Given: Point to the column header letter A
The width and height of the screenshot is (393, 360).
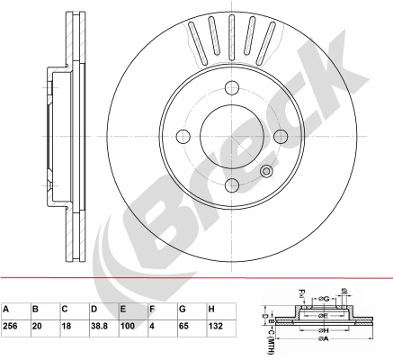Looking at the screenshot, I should [x=6, y=309].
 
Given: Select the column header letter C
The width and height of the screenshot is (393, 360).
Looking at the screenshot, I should [x=64, y=309].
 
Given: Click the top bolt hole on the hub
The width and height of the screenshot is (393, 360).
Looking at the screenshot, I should [x=232, y=87].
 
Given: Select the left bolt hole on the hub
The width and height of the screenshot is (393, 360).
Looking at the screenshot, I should [x=183, y=136].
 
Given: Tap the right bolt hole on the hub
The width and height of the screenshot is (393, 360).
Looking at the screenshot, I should [x=281, y=136].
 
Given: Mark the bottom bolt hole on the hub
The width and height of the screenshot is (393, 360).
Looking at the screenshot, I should [x=232, y=184].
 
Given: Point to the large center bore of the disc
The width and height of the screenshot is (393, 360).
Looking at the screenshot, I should [x=232, y=136].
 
